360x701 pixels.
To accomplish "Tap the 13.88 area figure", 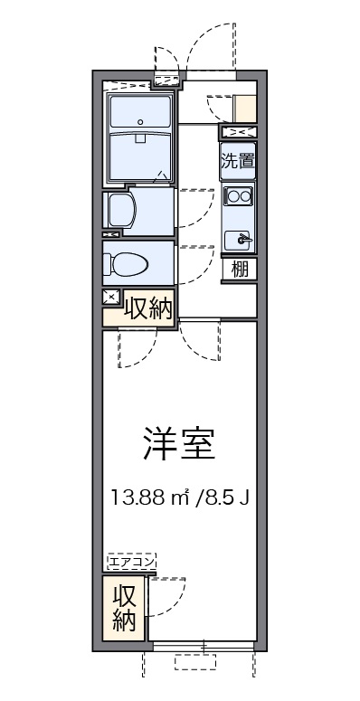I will [x=137, y=497].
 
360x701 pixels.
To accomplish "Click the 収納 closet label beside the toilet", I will [x=147, y=308].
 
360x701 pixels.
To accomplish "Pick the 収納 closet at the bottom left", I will [x=124, y=609].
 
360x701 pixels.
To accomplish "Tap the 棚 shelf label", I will [x=239, y=269].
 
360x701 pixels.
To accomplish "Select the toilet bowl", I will [x=126, y=263].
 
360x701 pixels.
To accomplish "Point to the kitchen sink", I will [x=241, y=239].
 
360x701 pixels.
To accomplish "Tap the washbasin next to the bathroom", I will [x=122, y=210].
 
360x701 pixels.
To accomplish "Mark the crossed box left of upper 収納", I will [x=110, y=297].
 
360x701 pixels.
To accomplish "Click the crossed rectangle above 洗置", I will [x=239, y=133].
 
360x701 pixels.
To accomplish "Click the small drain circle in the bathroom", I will [x=139, y=120].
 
